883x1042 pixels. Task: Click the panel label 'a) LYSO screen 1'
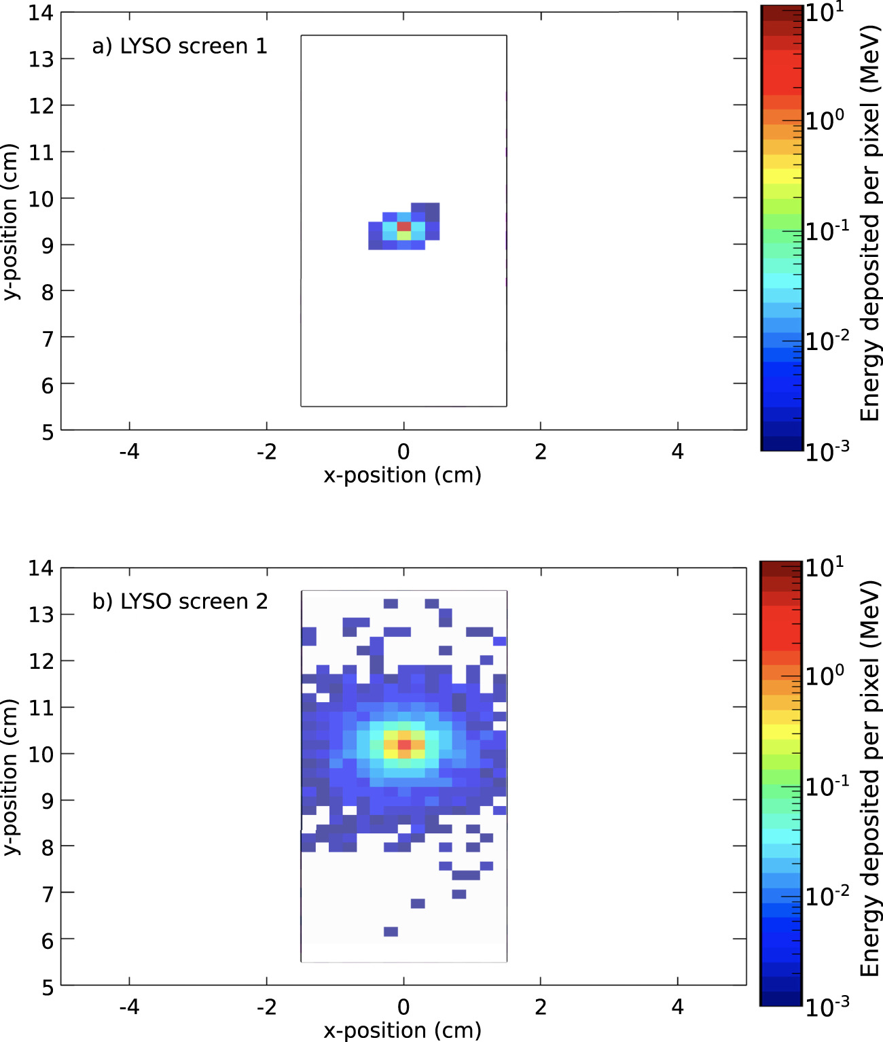point(180,46)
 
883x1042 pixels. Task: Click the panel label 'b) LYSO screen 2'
point(180,602)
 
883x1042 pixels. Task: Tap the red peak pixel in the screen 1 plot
point(404,226)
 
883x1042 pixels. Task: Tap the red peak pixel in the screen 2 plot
point(405,745)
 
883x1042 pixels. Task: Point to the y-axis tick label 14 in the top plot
point(41,13)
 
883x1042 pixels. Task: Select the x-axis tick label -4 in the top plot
point(129,452)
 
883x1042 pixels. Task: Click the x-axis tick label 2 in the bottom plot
point(541,1007)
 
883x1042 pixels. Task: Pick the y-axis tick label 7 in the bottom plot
point(47,894)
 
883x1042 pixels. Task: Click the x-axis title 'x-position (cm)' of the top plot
point(403,475)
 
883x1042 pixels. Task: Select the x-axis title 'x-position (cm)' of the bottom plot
point(403,1030)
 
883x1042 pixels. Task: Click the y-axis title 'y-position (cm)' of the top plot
point(11,222)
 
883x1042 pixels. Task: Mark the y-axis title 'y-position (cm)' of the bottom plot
point(11,777)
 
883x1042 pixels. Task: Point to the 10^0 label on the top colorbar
point(825,120)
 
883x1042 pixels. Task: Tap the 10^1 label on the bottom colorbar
point(825,566)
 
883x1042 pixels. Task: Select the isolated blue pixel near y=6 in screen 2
point(391,931)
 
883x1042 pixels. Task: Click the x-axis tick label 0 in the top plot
point(403,452)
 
